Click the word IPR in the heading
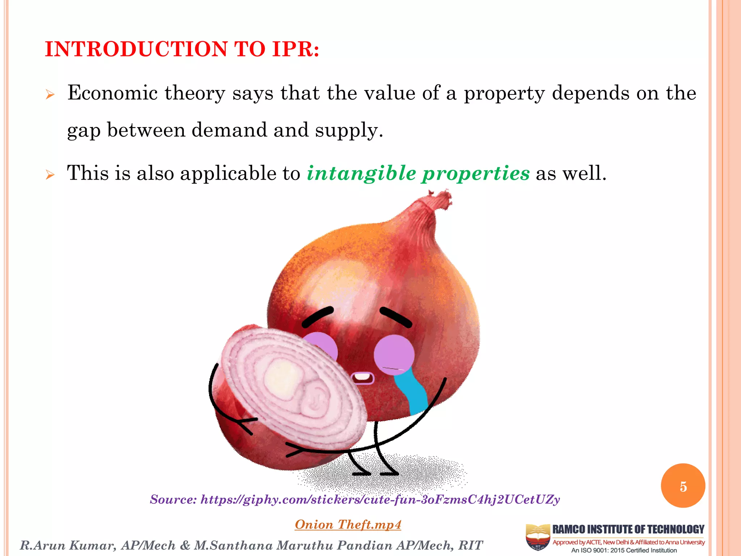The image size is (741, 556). coord(292,49)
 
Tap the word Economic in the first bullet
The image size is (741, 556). coord(113,93)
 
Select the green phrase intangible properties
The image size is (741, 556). coord(418,173)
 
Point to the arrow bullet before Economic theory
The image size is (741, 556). coord(50,95)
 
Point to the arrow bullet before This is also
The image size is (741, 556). coord(50,175)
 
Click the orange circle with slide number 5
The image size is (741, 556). coord(683,486)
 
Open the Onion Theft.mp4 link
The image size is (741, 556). coord(348,525)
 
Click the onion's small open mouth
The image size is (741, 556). coord(362,378)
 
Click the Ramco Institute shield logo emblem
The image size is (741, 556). coord(538,537)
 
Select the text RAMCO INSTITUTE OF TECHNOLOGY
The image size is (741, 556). coord(628,530)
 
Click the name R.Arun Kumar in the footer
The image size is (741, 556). coord(68,546)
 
